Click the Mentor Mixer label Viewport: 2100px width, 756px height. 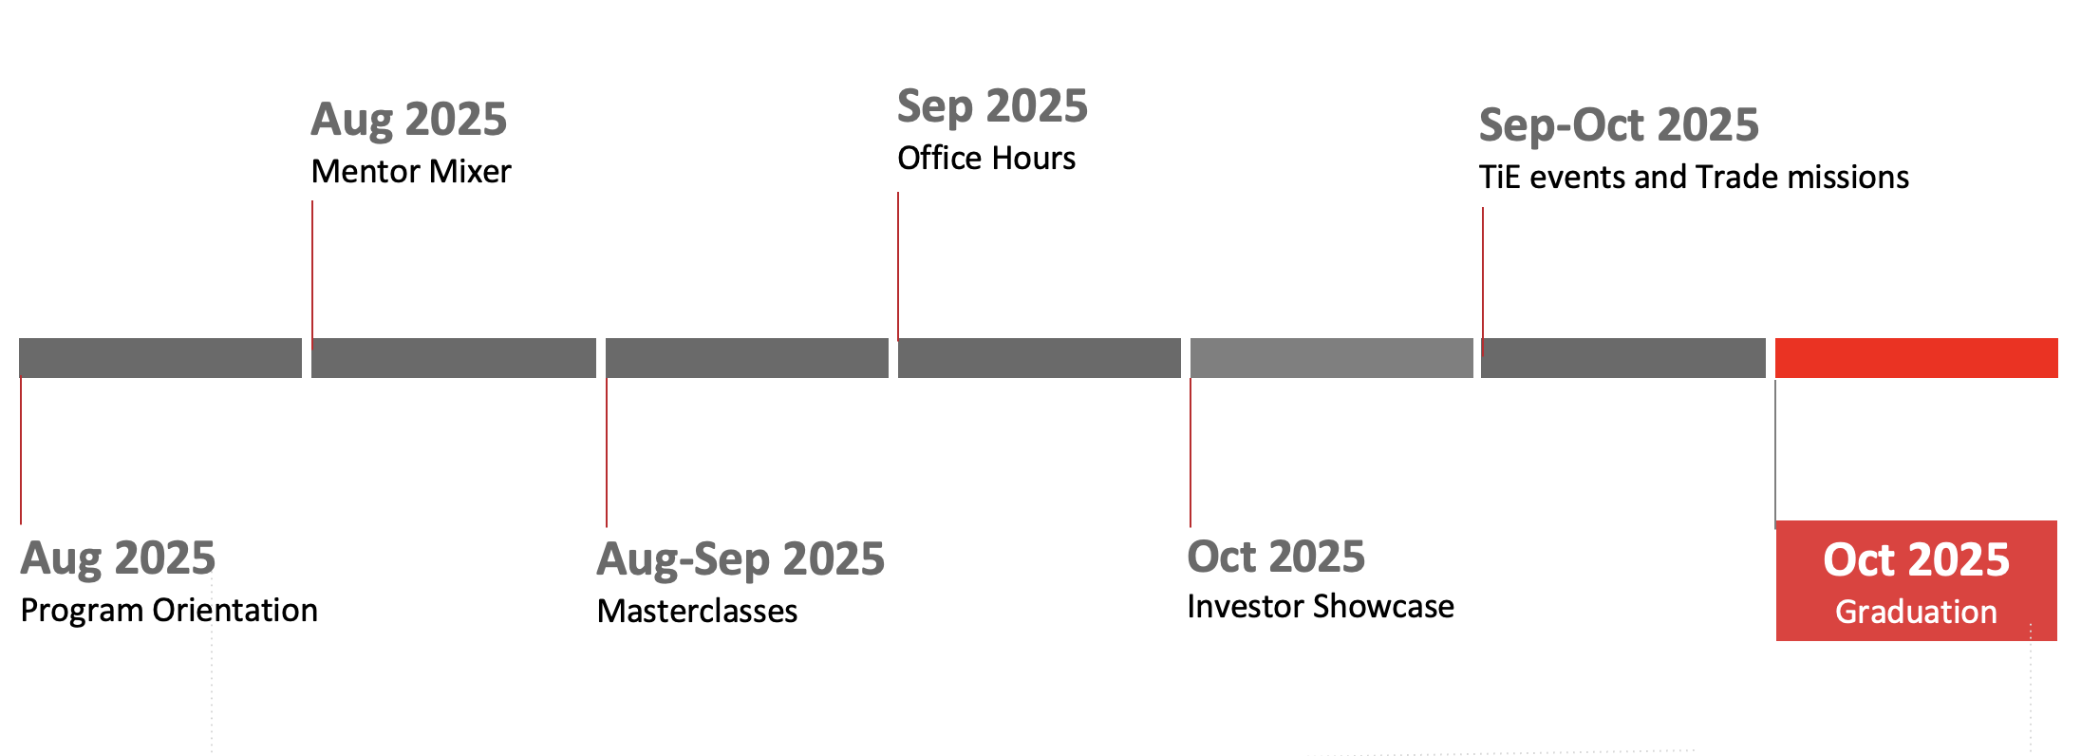pyautogui.click(x=411, y=171)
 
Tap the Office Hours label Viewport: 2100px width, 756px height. pyautogui.click(x=986, y=158)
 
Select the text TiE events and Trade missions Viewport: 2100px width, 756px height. pyautogui.click(x=1694, y=177)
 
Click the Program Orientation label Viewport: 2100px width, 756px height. pyautogui.click(x=169, y=610)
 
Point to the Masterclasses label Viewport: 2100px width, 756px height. pyautogui.click(x=697, y=611)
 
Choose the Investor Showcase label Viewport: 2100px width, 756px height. pyautogui.click(x=1321, y=606)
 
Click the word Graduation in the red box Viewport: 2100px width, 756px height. pyautogui.click(x=1916, y=612)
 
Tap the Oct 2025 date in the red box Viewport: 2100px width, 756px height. pyautogui.click(x=1916, y=559)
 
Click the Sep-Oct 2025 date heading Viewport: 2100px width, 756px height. pyautogui.click(x=1619, y=125)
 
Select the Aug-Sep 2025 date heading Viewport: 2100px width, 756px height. pyautogui.click(x=741, y=558)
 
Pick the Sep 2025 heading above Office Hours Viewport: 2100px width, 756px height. pyautogui.click(x=992, y=106)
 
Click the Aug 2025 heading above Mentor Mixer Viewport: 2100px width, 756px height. pyautogui.click(x=409, y=120)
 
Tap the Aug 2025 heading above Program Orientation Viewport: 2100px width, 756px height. pyautogui.click(x=118, y=558)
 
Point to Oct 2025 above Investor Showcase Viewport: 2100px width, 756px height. pyautogui.click(x=1276, y=557)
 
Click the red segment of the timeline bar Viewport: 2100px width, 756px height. pyautogui.click(x=1916, y=358)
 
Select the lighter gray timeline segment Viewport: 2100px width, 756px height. pyautogui.click(x=1331, y=358)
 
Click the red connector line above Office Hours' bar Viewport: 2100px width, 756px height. pyautogui.click(x=898, y=266)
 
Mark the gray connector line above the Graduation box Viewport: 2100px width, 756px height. pyautogui.click(x=1775, y=453)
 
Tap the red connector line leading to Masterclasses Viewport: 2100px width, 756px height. pyautogui.click(x=607, y=452)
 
